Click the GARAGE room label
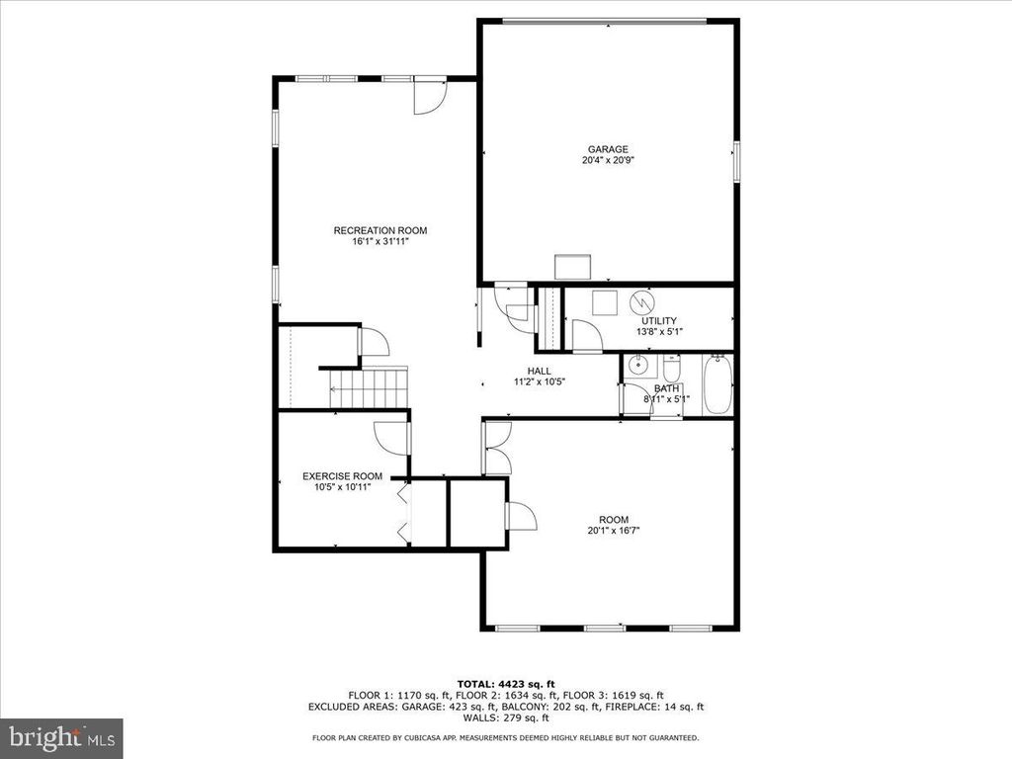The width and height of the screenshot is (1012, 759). coord(608,149)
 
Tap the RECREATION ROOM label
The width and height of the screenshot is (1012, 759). coord(380,230)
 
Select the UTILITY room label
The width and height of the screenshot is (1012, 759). coord(659,321)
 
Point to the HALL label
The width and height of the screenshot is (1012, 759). coord(539,372)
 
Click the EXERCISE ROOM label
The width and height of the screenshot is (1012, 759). coord(342,476)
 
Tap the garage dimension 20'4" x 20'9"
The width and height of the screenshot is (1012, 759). coord(608,160)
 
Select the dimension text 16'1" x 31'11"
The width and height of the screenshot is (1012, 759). coord(380,242)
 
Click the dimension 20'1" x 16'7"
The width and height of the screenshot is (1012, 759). coord(613,531)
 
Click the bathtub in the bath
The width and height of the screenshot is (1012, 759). coord(717,384)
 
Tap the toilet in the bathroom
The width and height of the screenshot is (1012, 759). coord(672,369)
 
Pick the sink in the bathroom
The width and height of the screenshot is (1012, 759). coord(639,366)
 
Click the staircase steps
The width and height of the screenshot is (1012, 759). coord(369,387)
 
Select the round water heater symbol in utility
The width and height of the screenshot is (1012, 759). coord(641,301)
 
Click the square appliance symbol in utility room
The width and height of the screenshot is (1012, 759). coord(605,302)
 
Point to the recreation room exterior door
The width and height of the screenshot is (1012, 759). coord(430,97)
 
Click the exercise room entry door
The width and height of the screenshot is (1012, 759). coord(391,438)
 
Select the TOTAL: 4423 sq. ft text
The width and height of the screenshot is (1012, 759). coord(506,684)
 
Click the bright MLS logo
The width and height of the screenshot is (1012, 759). coord(61,737)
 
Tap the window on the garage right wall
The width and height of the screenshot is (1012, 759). coord(736,161)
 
